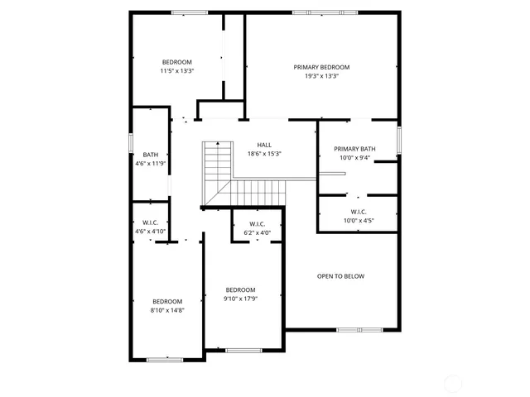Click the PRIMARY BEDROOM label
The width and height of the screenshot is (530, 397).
(x=321, y=67)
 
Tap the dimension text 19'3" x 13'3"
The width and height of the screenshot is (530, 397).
(x=321, y=76)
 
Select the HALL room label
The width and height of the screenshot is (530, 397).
(x=264, y=145)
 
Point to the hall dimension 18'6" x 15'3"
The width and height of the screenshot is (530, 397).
(x=264, y=154)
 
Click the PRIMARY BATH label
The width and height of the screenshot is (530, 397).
(x=354, y=149)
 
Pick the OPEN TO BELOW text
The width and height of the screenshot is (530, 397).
(x=340, y=276)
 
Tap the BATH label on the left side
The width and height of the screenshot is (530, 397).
(x=151, y=155)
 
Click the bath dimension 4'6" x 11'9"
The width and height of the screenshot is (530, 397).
(x=151, y=164)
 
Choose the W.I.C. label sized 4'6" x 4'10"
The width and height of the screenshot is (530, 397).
(x=151, y=222)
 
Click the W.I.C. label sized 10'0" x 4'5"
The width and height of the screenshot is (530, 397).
(x=358, y=212)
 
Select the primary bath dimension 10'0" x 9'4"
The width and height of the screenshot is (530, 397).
(x=354, y=158)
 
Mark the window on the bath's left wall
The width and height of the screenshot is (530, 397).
(x=131, y=141)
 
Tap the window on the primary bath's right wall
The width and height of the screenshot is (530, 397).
(x=398, y=139)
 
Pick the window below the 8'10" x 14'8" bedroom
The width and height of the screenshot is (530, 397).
(x=164, y=359)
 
